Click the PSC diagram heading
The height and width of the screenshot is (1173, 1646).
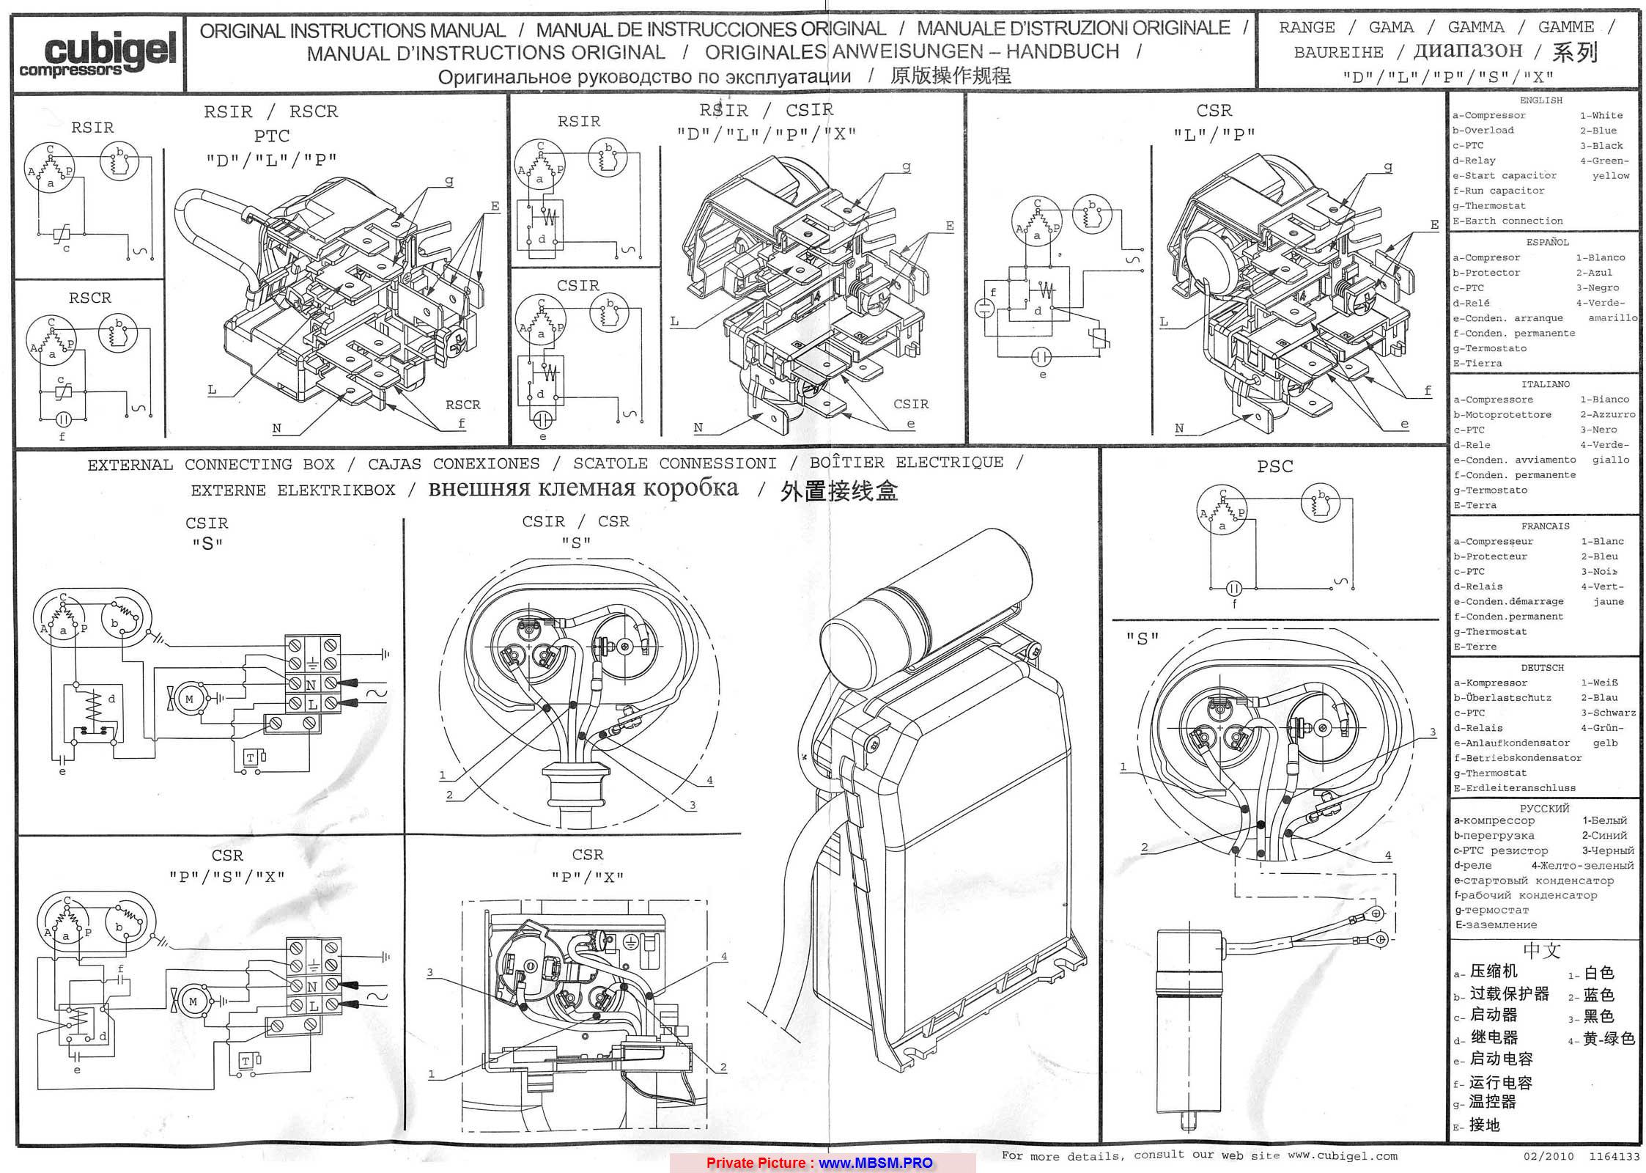(1275, 466)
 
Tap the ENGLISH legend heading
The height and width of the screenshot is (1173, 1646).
(1541, 100)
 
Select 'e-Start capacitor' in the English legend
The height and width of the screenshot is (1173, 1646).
(1504, 176)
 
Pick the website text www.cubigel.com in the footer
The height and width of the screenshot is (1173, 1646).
(1342, 1156)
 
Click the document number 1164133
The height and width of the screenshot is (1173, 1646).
(1613, 1157)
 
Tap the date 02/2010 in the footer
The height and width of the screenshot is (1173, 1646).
(1549, 1157)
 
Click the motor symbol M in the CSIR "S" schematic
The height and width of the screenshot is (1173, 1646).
(189, 699)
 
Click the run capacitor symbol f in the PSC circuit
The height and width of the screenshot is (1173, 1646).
(1234, 588)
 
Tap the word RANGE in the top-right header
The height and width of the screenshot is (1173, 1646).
(1307, 28)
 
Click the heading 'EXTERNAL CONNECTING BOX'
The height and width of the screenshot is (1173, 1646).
(211, 465)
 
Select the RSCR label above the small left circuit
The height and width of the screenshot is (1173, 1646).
(90, 298)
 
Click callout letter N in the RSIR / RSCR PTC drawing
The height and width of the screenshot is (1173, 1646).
(276, 429)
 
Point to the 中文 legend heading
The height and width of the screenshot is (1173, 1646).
(1543, 951)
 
